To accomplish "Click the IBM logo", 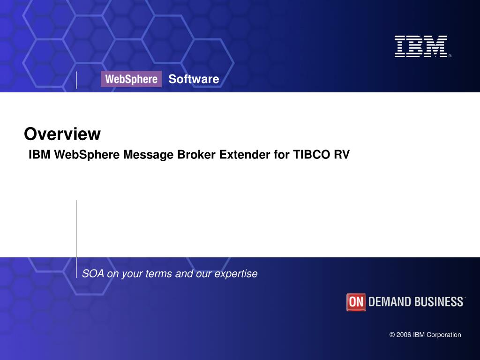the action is click(x=421, y=46).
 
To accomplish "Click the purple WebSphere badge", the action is click(x=131, y=79).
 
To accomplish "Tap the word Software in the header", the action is click(x=194, y=79).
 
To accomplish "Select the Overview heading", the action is click(x=62, y=134).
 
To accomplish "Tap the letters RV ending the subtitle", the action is click(x=342, y=155).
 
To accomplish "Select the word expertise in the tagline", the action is click(x=236, y=274).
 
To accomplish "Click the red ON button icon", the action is click(x=356, y=302).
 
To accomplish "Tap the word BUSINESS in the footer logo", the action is click(x=438, y=302).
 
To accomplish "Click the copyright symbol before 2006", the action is click(x=392, y=335).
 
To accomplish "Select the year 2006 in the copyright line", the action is click(x=404, y=335).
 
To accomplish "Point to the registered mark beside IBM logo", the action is click(x=450, y=56).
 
